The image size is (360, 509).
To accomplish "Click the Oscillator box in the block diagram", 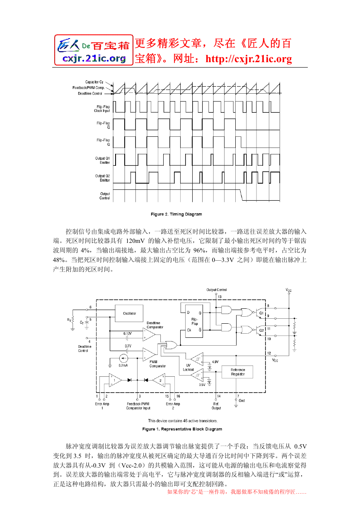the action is (129, 313).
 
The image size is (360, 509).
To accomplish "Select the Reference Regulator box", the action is (237, 372).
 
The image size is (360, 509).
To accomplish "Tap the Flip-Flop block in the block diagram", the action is (194, 321).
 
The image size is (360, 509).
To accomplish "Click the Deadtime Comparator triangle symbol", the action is (149, 334).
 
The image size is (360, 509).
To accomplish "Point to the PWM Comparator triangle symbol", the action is (149, 354).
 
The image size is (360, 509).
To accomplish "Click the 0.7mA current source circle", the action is (123, 359).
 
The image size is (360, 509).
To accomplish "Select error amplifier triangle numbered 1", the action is (115, 380).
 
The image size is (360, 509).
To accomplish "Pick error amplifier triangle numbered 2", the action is (159, 380).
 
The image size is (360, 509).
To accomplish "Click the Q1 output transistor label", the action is (261, 313).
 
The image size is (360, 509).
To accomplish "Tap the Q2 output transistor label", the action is (261, 330).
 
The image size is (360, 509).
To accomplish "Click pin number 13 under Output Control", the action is (220, 297).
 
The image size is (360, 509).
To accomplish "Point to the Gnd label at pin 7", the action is (242, 401).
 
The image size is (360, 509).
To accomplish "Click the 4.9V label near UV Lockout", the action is (215, 362).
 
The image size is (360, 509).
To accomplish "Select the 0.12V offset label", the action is (128, 334).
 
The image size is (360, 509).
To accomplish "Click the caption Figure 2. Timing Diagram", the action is (176, 214).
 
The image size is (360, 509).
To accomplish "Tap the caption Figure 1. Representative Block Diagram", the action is (182, 429).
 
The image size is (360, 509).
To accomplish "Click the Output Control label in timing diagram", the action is (105, 196).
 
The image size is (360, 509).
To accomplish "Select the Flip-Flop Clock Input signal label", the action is (102, 109).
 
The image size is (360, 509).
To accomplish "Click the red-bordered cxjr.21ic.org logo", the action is (94, 50).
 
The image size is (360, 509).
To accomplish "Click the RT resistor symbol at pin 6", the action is (72, 320).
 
